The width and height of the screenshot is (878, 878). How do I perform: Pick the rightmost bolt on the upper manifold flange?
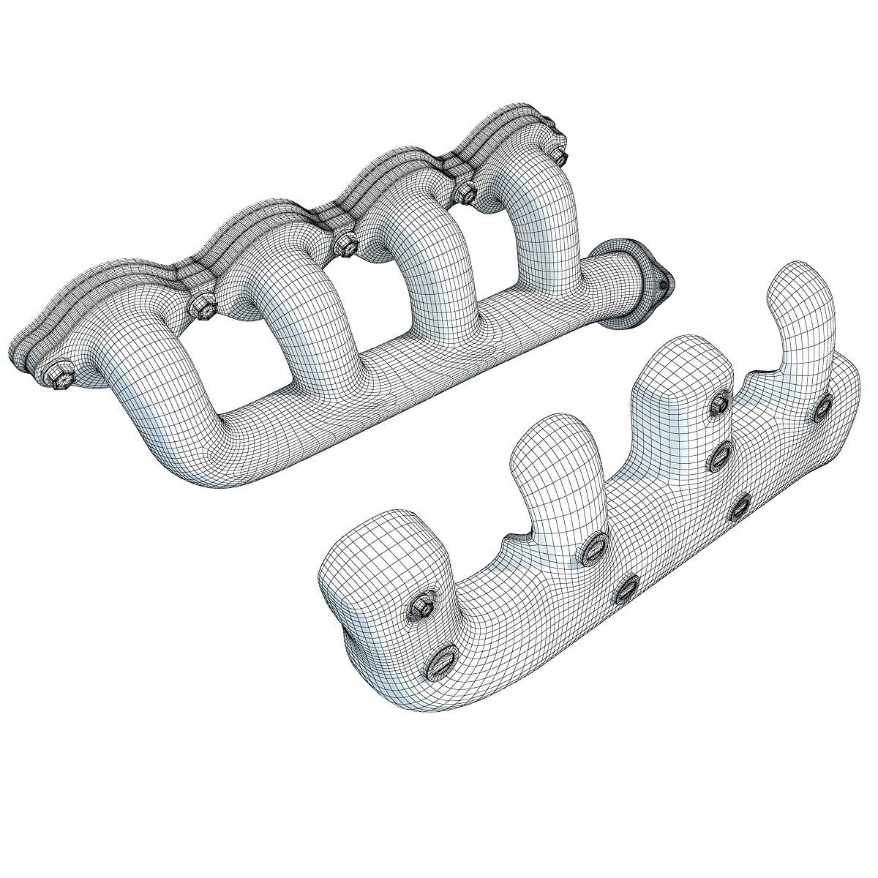[x=559, y=156]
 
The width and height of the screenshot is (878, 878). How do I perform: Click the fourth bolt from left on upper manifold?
[x=465, y=192]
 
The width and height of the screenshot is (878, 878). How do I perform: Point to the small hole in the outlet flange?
[x=662, y=282]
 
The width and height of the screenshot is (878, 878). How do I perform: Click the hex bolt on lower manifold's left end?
[x=422, y=604]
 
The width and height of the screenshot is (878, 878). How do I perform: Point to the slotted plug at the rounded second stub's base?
[x=595, y=547]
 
